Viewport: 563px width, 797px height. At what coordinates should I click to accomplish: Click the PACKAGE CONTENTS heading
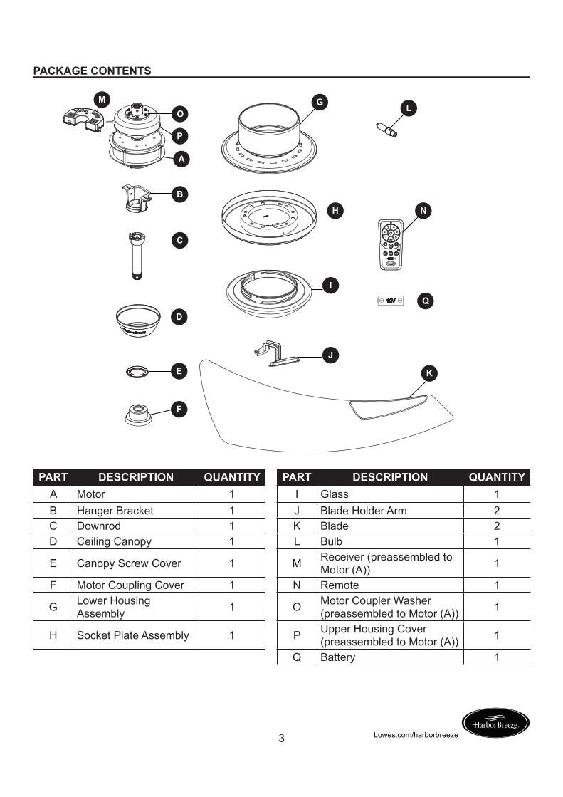[x=92, y=71]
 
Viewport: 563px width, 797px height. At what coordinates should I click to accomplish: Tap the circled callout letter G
[x=320, y=103]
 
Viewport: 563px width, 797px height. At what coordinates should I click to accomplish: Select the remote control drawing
[x=391, y=244]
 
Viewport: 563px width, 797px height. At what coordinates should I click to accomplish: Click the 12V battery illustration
[x=390, y=301]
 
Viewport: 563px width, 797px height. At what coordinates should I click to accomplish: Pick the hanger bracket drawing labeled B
[x=137, y=198]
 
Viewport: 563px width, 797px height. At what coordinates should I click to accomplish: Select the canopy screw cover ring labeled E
[x=136, y=371]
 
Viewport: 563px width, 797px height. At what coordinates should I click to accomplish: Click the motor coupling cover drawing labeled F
[x=138, y=414]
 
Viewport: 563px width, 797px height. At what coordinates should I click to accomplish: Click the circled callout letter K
[x=429, y=373]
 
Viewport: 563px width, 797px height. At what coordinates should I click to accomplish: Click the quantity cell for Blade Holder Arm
[x=496, y=511]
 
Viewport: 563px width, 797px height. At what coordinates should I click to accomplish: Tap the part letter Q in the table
[x=297, y=657]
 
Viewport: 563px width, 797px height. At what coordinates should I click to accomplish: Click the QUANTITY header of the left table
[x=231, y=477]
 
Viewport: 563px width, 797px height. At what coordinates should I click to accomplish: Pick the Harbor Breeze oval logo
[x=496, y=724]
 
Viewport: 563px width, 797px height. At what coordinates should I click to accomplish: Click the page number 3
[x=281, y=739]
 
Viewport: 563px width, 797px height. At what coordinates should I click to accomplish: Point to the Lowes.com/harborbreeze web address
[x=416, y=734]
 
